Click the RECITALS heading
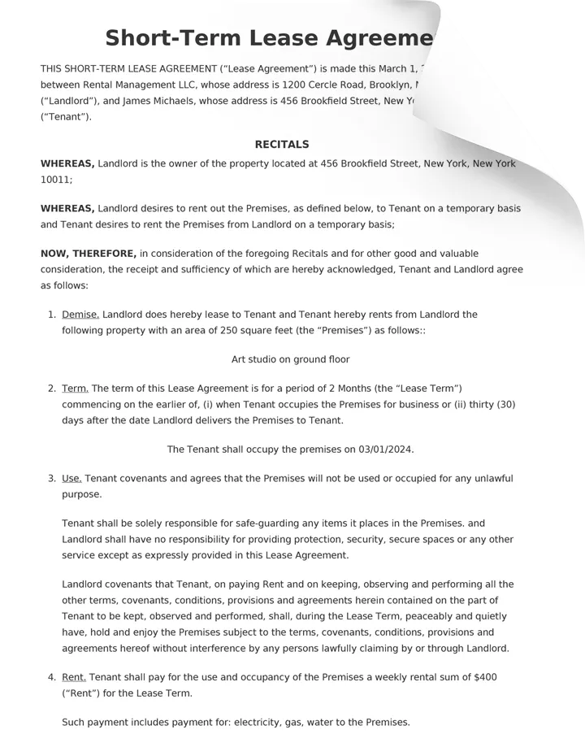282,145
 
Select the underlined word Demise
80,315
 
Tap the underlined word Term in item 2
76,389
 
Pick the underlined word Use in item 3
71,479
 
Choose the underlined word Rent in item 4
74,677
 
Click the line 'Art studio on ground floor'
290,359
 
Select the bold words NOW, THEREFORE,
89,254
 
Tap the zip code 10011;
56,180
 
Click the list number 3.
51,479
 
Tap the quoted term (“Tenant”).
66,117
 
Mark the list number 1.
51,315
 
